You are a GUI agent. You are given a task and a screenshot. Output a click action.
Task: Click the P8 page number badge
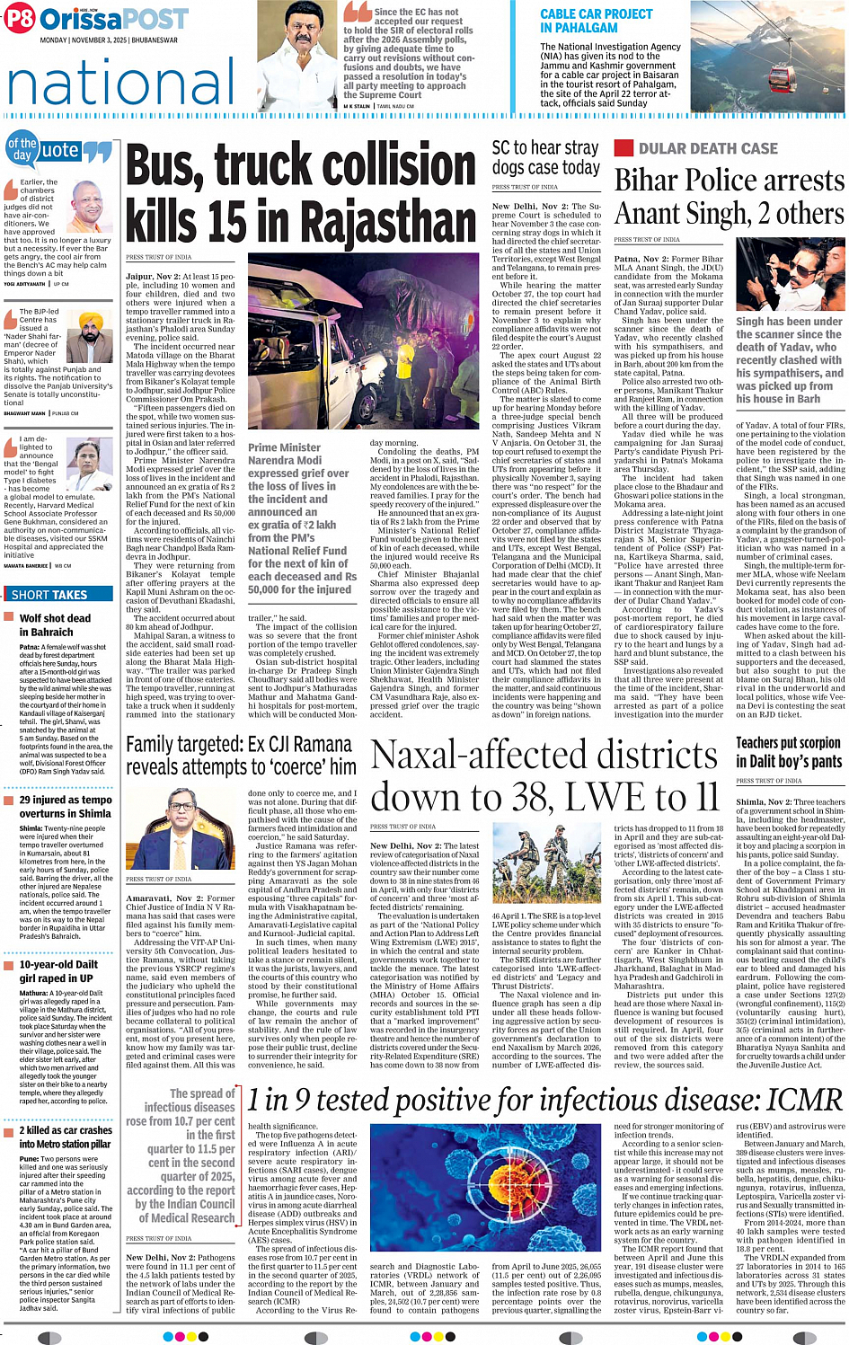(21, 18)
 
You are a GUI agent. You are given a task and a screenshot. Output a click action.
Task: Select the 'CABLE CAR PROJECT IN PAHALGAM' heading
(597, 21)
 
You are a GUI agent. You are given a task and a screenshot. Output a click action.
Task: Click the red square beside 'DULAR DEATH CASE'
(623, 148)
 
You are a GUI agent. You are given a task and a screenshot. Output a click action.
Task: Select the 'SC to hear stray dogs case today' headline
(545, 157)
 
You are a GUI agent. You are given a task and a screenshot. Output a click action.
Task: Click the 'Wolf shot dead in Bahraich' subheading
(55, 624)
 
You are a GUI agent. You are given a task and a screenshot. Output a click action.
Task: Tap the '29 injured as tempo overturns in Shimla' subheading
(65, 806)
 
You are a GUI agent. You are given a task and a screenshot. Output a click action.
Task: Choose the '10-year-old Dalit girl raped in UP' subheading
(58, 970)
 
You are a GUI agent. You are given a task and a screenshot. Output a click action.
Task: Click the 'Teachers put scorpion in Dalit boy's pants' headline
(788, 752)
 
